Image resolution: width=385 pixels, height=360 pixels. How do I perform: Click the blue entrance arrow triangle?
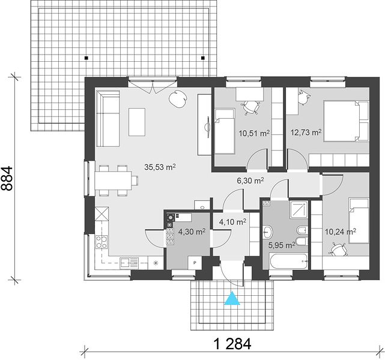point(232,298)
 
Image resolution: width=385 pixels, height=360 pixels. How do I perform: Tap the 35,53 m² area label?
point(160,167)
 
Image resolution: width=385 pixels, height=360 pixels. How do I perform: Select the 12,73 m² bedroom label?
point(306,133)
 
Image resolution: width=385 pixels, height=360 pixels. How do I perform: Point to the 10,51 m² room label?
point(255,133)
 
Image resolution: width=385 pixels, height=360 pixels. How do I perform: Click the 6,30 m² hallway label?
point(250,181)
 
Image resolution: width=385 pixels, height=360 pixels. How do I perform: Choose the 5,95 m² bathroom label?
point(282,245)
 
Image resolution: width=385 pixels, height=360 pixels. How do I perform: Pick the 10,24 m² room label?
point(341,231)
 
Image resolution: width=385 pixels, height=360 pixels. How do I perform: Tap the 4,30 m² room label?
point(192,232)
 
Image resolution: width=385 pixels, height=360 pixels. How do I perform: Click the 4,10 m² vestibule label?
point(233,222)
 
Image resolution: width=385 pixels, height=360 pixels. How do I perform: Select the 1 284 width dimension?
point(232,344)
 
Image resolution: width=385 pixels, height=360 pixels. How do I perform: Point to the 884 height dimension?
point(7,179)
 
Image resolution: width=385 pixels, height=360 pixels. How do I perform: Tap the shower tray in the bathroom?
point(299,209)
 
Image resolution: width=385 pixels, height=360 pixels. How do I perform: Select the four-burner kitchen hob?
point(102,242)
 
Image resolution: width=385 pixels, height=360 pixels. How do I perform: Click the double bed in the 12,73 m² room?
point(346,121)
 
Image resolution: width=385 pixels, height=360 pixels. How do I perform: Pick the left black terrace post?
point(86,58)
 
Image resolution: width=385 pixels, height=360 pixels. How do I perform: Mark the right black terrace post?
point(203,58)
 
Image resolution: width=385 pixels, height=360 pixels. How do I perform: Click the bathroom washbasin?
point(268,232)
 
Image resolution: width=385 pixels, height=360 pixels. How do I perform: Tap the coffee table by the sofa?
point(137,122)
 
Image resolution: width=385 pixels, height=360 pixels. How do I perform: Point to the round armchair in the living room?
point(178,98)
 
